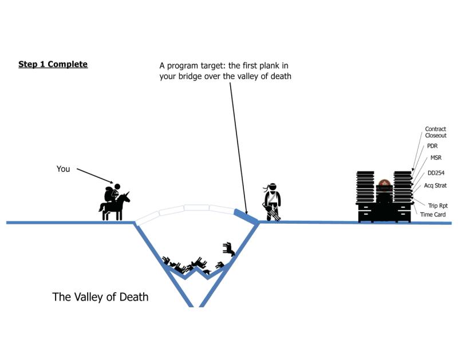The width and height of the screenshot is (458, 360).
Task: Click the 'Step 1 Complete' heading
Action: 53,64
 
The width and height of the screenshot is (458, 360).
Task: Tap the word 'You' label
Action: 63,169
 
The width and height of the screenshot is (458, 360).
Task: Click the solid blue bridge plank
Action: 247,216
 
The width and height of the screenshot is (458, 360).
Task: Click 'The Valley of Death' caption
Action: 100,297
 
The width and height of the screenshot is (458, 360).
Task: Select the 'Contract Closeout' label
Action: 435,132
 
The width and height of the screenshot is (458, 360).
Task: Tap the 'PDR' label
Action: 432,146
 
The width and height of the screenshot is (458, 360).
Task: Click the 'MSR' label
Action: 436,159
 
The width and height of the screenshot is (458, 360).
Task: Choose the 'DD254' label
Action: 436,172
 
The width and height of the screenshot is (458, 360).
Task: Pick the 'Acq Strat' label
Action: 436,185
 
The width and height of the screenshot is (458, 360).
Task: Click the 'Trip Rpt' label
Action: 437,204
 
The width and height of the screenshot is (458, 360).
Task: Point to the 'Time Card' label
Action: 433,214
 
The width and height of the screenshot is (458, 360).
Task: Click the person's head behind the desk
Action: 383,184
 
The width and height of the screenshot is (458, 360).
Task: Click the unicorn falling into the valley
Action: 228,248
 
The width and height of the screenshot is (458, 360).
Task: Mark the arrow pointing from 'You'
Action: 92,176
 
